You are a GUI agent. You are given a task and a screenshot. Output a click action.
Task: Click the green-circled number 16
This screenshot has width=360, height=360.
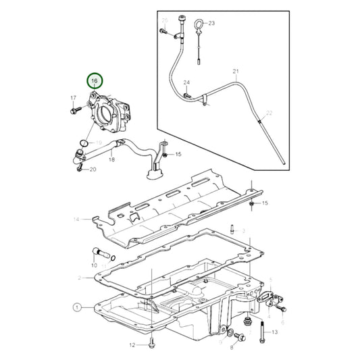coord(95,82)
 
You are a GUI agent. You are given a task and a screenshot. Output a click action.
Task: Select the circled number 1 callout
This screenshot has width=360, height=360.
coord(77,307)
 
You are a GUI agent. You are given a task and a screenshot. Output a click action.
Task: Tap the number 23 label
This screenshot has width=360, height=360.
coord(211,23)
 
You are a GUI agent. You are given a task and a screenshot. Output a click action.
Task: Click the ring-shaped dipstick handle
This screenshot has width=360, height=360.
coord(197,26)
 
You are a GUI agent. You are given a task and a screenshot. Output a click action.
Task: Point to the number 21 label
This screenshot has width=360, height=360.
coord(236,71)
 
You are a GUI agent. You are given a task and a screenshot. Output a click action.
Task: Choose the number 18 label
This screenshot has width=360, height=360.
coord(111,160)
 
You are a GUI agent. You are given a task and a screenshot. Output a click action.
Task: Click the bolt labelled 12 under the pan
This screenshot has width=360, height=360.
coord(152,342)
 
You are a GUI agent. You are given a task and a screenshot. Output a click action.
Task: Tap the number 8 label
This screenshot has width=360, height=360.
coord(231,347)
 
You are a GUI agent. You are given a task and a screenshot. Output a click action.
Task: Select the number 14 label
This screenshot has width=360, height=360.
coord(77,220)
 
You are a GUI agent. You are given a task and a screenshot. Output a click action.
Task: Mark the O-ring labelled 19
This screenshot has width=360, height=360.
coord(82,143)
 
